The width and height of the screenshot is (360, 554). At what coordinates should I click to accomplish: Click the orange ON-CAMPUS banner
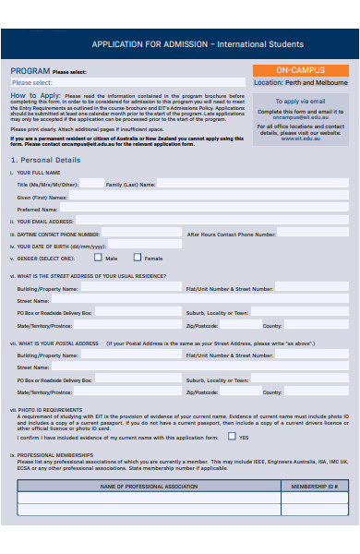[x=300, y=70]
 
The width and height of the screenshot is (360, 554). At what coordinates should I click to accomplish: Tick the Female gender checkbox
[x=138, y=258]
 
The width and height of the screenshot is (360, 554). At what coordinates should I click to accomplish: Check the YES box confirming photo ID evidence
[x=232, y=436]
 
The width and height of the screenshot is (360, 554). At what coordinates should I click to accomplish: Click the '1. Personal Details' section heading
[x=45, y=160]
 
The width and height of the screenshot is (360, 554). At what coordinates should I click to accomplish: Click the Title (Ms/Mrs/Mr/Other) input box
[x=91, y=184]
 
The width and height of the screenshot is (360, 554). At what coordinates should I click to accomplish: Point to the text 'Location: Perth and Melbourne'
[x=300, y=83]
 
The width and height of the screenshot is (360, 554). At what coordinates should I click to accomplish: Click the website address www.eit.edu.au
[x=300, y=138]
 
